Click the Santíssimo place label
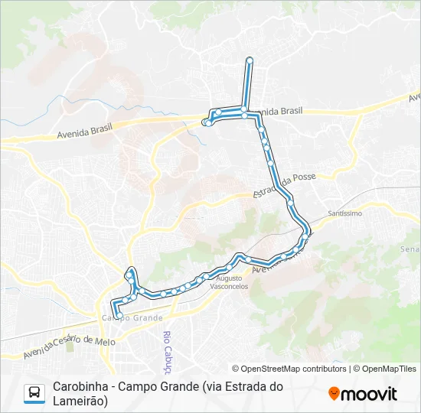(x=344, y=213)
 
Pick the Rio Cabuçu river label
(x=166, y=349)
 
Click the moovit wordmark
(x=370, y=394)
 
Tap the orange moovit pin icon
(x=334, y=393)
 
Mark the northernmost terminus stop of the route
(x=250, y=60)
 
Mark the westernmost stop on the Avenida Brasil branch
(x=206, y=122)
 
